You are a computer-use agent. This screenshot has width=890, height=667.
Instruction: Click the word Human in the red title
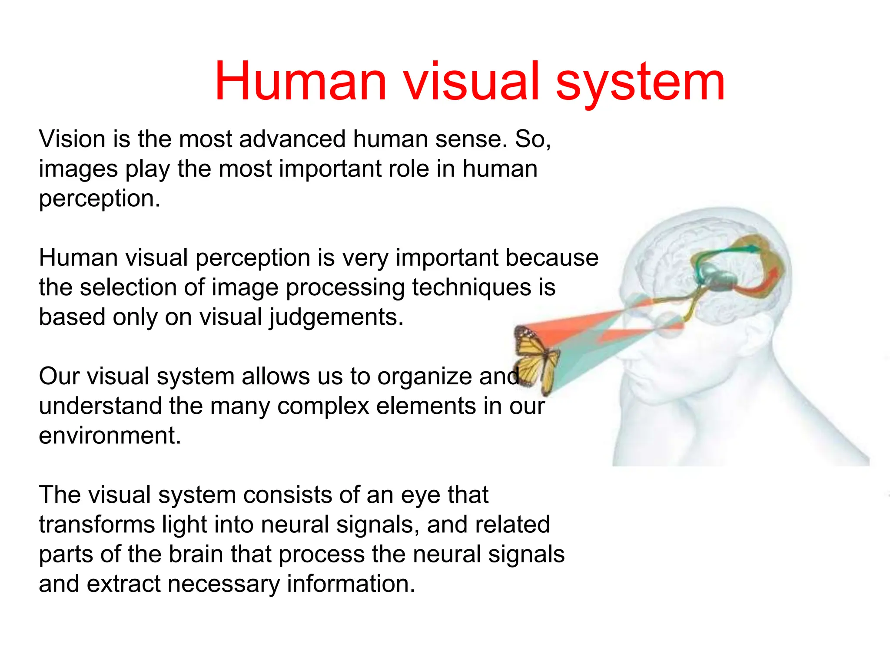(300, 82)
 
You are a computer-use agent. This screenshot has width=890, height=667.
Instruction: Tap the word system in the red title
(640, 82)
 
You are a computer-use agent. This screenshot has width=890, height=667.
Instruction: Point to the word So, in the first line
(533, 139)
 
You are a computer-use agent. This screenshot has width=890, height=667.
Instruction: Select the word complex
(323, 406)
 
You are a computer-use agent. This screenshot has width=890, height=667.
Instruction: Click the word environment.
(110, 436)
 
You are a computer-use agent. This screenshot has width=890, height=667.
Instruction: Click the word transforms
(96, 525)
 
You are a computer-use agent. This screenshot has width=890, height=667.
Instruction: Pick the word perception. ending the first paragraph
(100, 199)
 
